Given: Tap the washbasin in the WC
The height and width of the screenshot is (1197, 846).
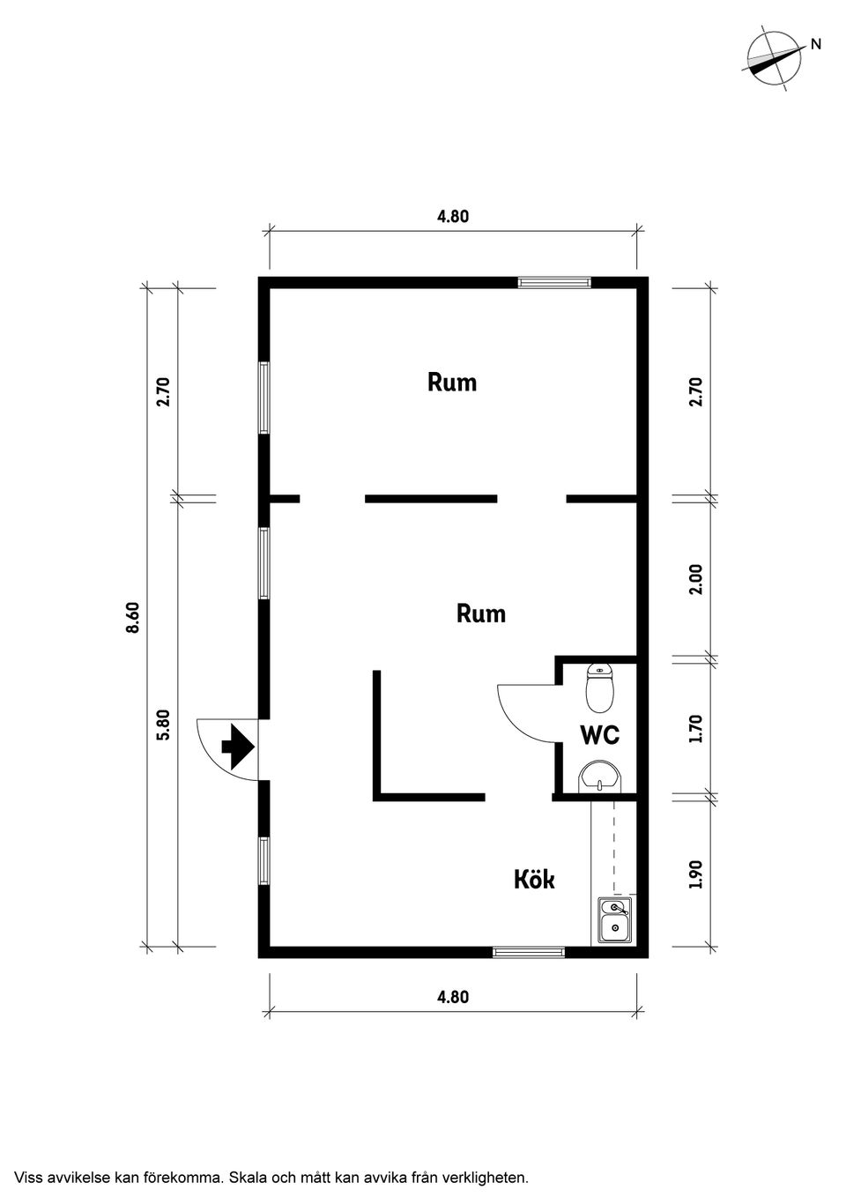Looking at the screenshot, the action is click(x=600, y=776).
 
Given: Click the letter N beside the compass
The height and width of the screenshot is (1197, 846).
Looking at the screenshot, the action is click(x=815, y=45).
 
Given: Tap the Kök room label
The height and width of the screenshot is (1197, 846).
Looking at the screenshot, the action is click(x=534, y=879).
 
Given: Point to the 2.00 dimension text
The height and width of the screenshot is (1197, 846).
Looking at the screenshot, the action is click(x=695, y=580).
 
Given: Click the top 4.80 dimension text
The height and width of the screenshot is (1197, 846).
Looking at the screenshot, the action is click(x=453, y=217).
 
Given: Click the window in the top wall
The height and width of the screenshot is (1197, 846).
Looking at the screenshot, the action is click(x=554, y=282).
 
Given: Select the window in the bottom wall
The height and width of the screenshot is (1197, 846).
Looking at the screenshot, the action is click(x=529, y=952).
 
